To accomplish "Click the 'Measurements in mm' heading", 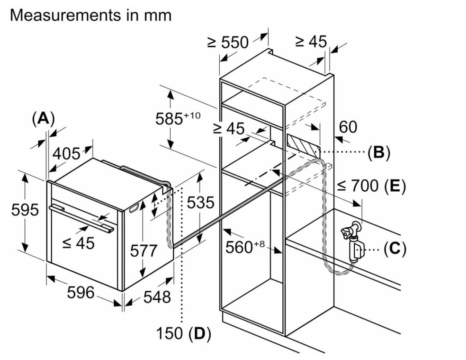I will pyautogui.click(x=90, y=16).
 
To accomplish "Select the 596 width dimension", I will pyautogui.click(x=81, y=293).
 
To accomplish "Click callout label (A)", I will pyautogui.click(x=43, y=118).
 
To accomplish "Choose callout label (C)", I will pyautogui.click(x=394, y=248).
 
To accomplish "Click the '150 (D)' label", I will pyautogui.click(x=183, y=334).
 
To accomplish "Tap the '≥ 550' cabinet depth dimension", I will pyautogui.click(x=228, y=42).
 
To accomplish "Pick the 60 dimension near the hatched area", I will pyautogui.click(x=348, y=127).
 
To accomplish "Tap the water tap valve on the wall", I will pyautogui.click(x=350, y=232).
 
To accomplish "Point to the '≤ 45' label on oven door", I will pyautogui.click(x=79, y=243).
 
